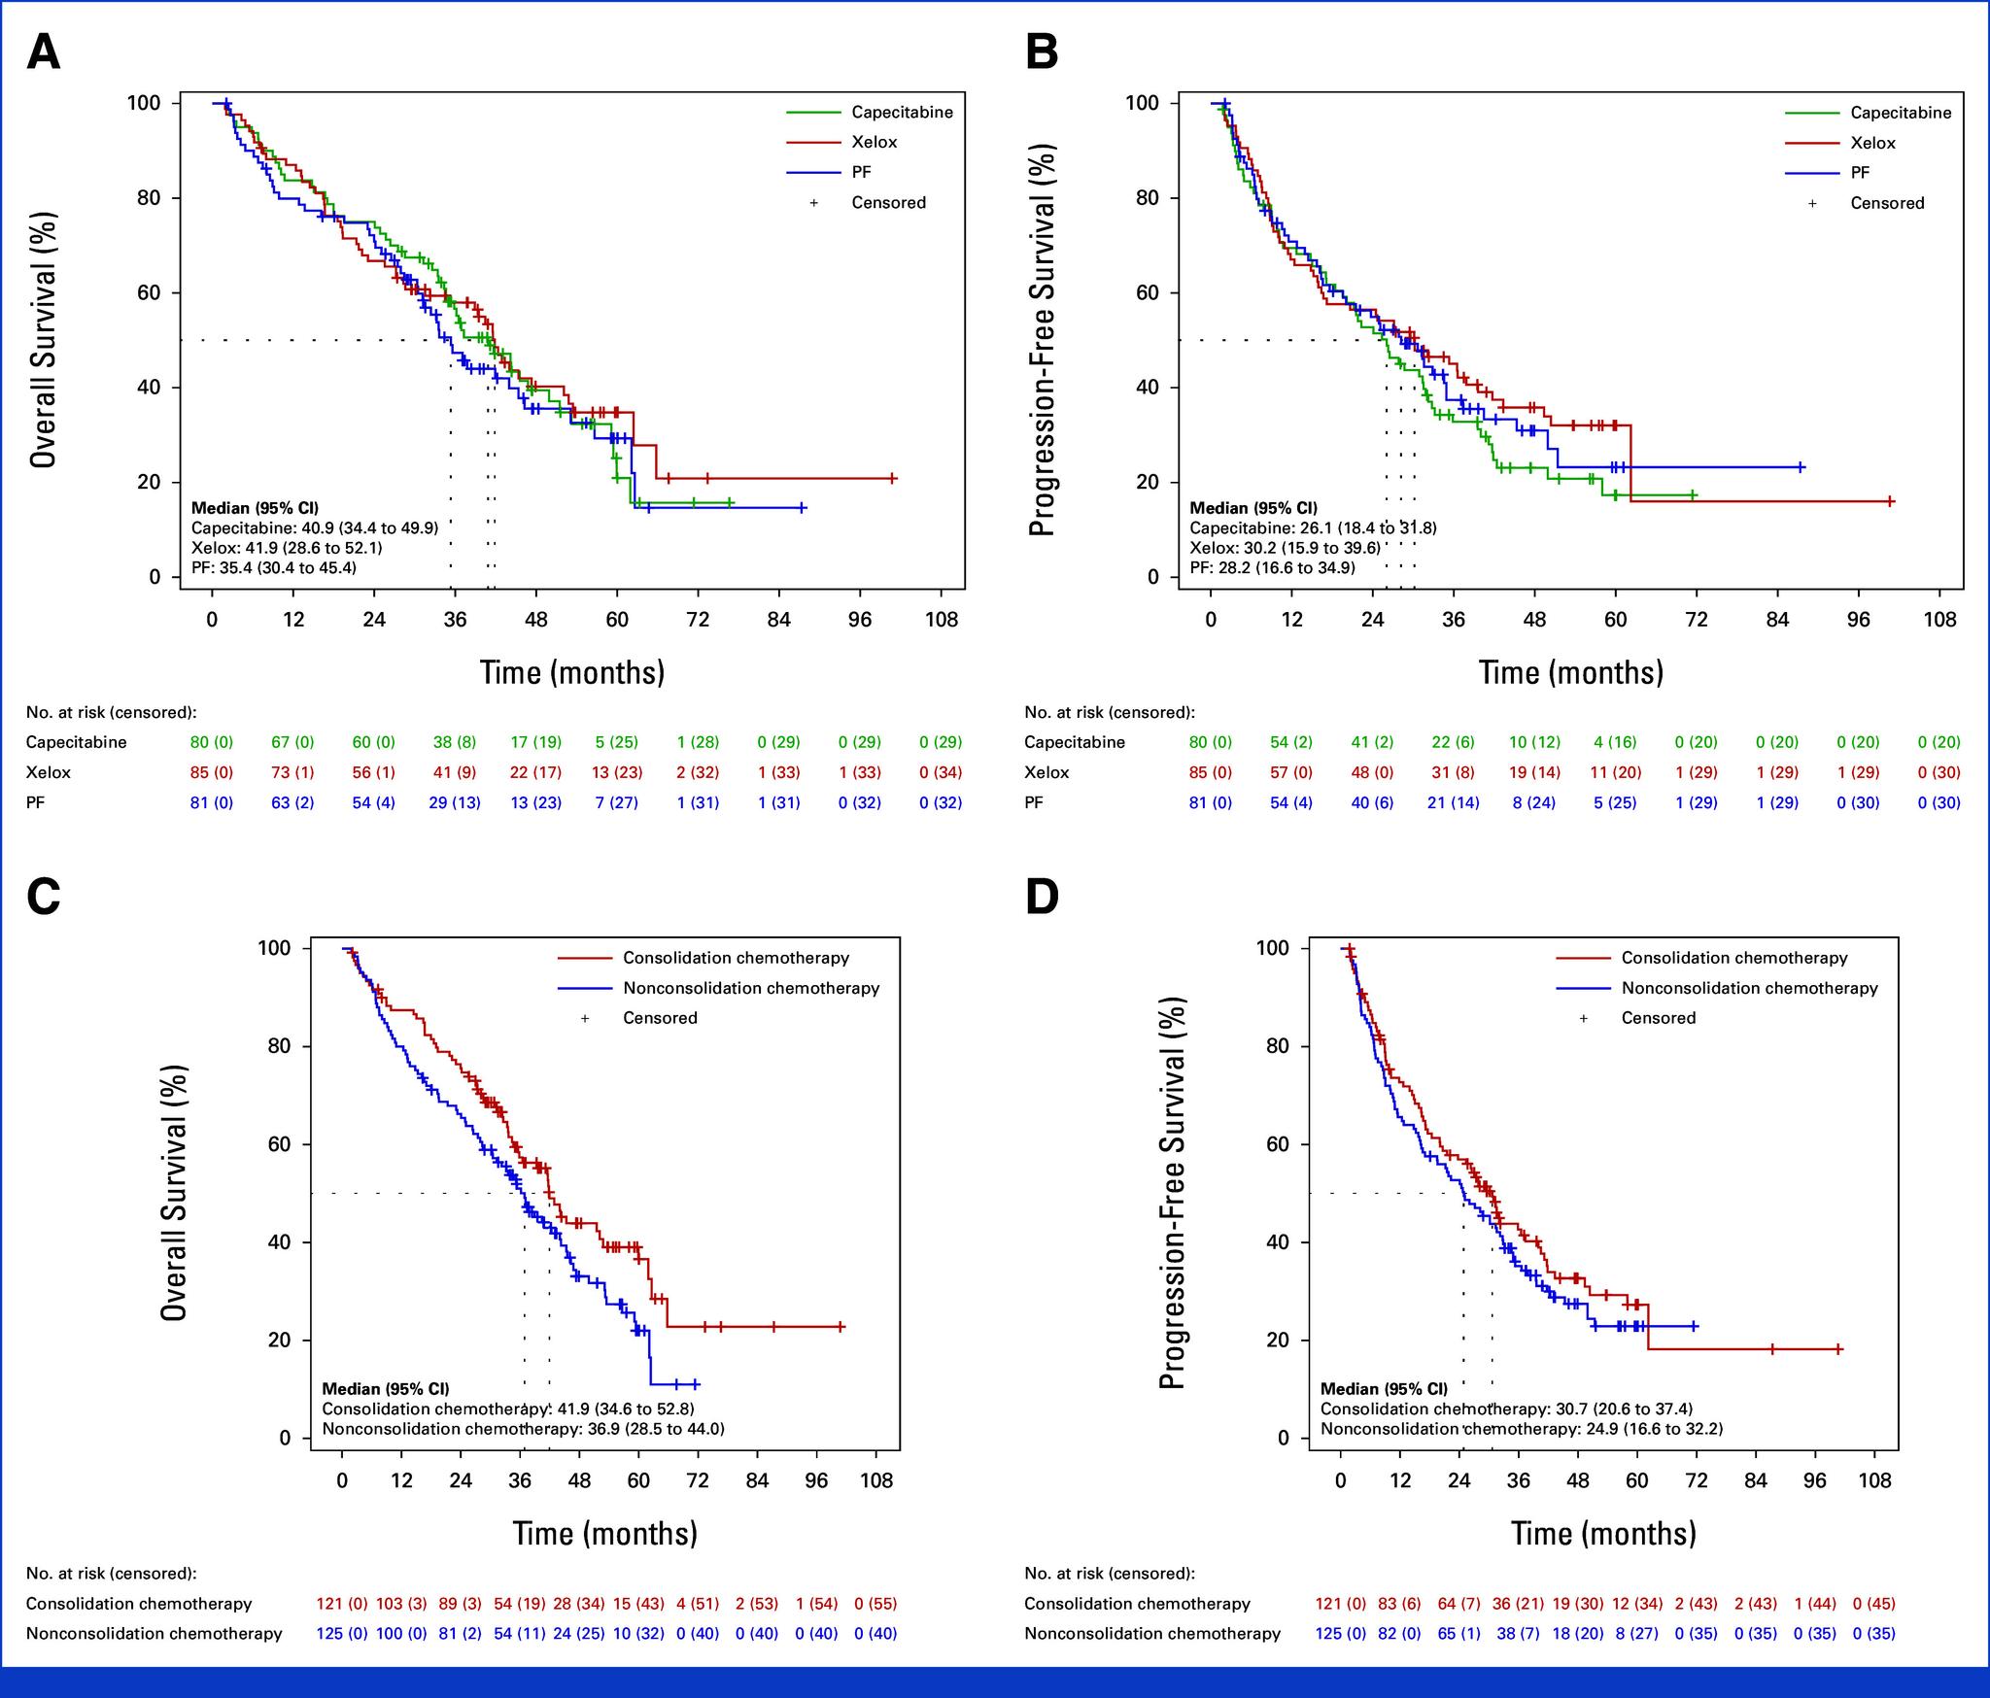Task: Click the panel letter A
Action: click(44, 52)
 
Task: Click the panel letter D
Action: click(1043, 898)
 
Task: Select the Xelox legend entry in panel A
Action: click(874, 142)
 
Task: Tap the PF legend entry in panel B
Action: click(1860, 172)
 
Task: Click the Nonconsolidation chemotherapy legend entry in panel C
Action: click(751, 988)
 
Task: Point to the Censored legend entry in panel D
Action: click(1658, 1018)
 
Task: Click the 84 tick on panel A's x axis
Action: click(778, 619)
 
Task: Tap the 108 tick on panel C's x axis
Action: click(876, 1480)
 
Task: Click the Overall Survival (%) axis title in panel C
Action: click(174, 1192)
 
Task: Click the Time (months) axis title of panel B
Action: click(1570, 672)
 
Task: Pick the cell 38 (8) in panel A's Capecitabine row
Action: click(454, 742)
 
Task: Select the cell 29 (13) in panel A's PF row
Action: click(454, 802)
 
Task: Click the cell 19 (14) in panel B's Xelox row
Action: click(1533, 772)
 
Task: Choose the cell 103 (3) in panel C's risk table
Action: click(401, 1604)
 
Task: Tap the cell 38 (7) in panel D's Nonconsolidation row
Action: click(1518, 1634)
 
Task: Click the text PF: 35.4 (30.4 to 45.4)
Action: click(273, 567)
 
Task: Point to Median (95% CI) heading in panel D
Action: click(1384, 1389)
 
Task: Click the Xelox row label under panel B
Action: click(1046, 772)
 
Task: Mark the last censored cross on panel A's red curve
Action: click(892, 478)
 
